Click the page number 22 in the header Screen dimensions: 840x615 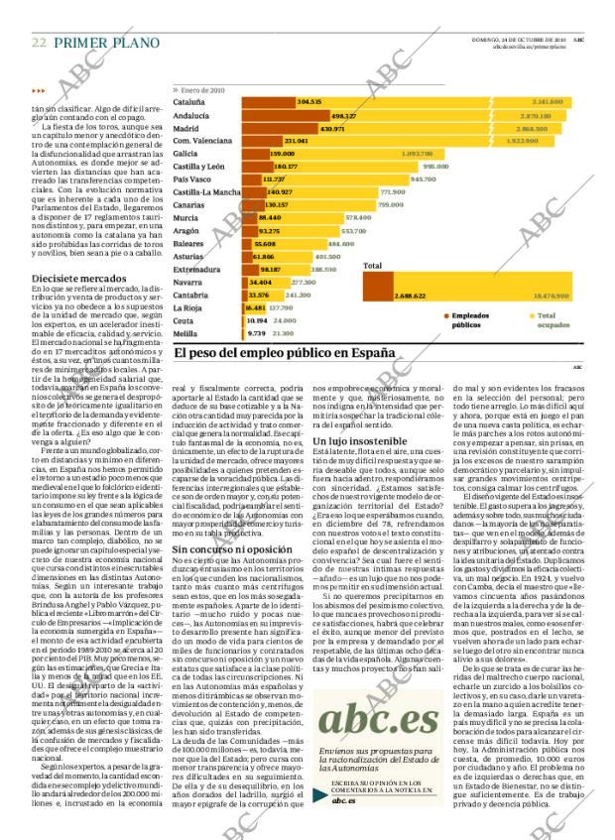click(x=39, y=43)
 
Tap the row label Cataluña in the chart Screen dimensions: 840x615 click(x=189, y=102)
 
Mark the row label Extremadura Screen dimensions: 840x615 click(x=196, y=269)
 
